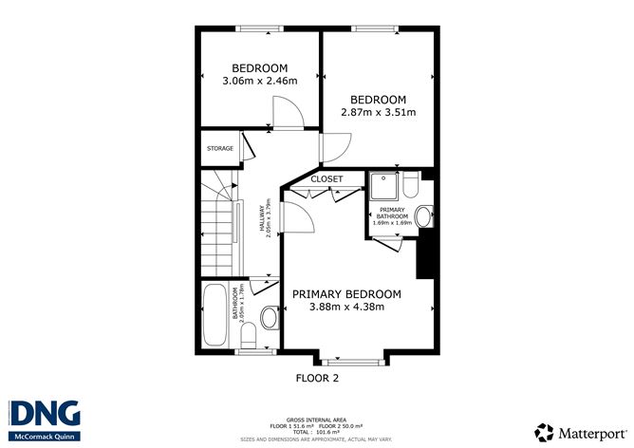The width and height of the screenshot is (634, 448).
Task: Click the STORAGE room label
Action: [x=220, y=148]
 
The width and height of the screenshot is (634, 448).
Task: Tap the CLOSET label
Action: [x=326, y=178]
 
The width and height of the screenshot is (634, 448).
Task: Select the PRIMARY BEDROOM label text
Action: [x=345, y=294]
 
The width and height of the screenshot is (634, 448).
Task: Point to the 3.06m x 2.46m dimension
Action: [x=259, y=81]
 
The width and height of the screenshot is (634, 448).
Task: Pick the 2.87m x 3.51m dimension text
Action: [x=378, y=112]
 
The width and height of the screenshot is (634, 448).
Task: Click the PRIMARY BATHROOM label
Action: [x=394, y=213]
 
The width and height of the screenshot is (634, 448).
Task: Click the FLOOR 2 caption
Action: [x=317, y=377]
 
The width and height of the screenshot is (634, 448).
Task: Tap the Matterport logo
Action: [x=580, y=431]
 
